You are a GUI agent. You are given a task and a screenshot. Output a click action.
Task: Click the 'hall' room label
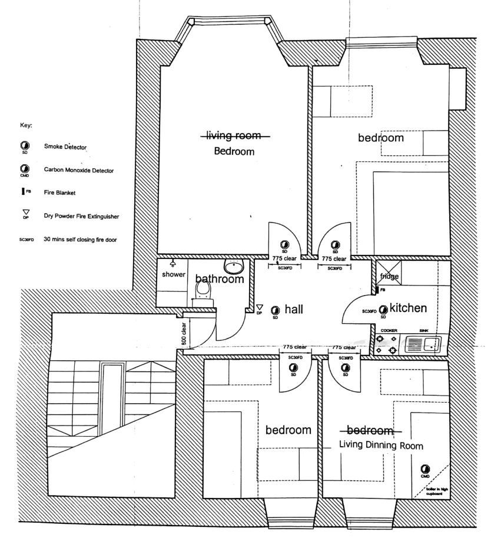pyautogui.click(x=294, y=309)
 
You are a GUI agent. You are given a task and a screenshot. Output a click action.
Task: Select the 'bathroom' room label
pyautogui.click(x=220, y=279)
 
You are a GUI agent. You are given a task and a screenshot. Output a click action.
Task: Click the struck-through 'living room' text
pyautogui.click(x=234, y=136)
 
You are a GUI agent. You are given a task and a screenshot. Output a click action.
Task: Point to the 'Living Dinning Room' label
pyautogui.click(x=381, y=446)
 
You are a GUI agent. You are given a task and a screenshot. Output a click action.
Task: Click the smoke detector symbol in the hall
pyautogui.click(x=275, y=310)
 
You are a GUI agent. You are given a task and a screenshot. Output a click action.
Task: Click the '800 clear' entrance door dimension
pyautogui.click(x=184, y=333)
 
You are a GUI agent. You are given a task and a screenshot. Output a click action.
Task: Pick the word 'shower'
pyautogui.click(x=174, y=274)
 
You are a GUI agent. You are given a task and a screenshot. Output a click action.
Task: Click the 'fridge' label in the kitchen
pyautogui.click(x=389, y=276)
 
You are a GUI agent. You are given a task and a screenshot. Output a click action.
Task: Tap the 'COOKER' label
pyautogui.click(x=388, y=331)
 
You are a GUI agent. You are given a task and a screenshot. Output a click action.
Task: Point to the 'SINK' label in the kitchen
pyautogui.click(x=424, y=331)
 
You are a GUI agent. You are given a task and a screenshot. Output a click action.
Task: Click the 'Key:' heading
pyautogui.click(x=26, y=125)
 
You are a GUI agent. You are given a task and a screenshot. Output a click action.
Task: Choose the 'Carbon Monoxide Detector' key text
pyautogui.click(x=79, y=170)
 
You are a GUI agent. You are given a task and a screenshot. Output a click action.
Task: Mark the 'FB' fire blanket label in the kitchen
pyautogui.click(x=383, y=290)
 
